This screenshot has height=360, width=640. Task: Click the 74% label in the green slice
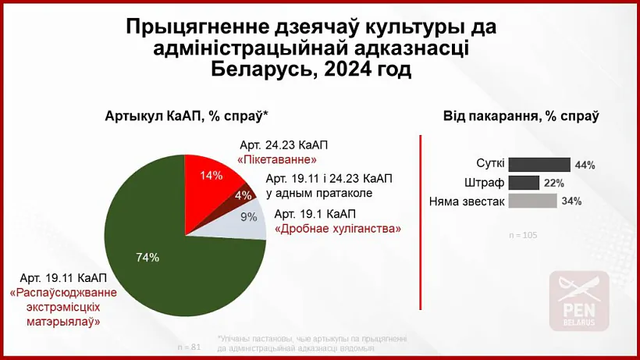click(148, 257)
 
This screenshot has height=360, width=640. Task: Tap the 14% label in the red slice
click(212, 176)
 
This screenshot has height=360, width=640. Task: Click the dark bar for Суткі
click(539, 165)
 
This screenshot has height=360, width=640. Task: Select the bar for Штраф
click(524, 183)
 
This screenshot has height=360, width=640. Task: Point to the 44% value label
click(585, 166)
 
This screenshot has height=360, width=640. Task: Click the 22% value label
click(554, 184)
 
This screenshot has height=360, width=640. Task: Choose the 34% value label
click(571, 201)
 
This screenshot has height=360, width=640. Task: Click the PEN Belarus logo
click(579, 300)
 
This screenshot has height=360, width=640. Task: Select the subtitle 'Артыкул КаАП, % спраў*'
click(187, 116)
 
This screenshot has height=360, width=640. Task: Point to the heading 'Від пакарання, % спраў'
click(521, 116)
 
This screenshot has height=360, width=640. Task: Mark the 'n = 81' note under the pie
click(190, 346)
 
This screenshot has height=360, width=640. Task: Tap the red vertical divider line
click(421, 223)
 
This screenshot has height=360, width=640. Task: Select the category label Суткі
click(490, 165)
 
